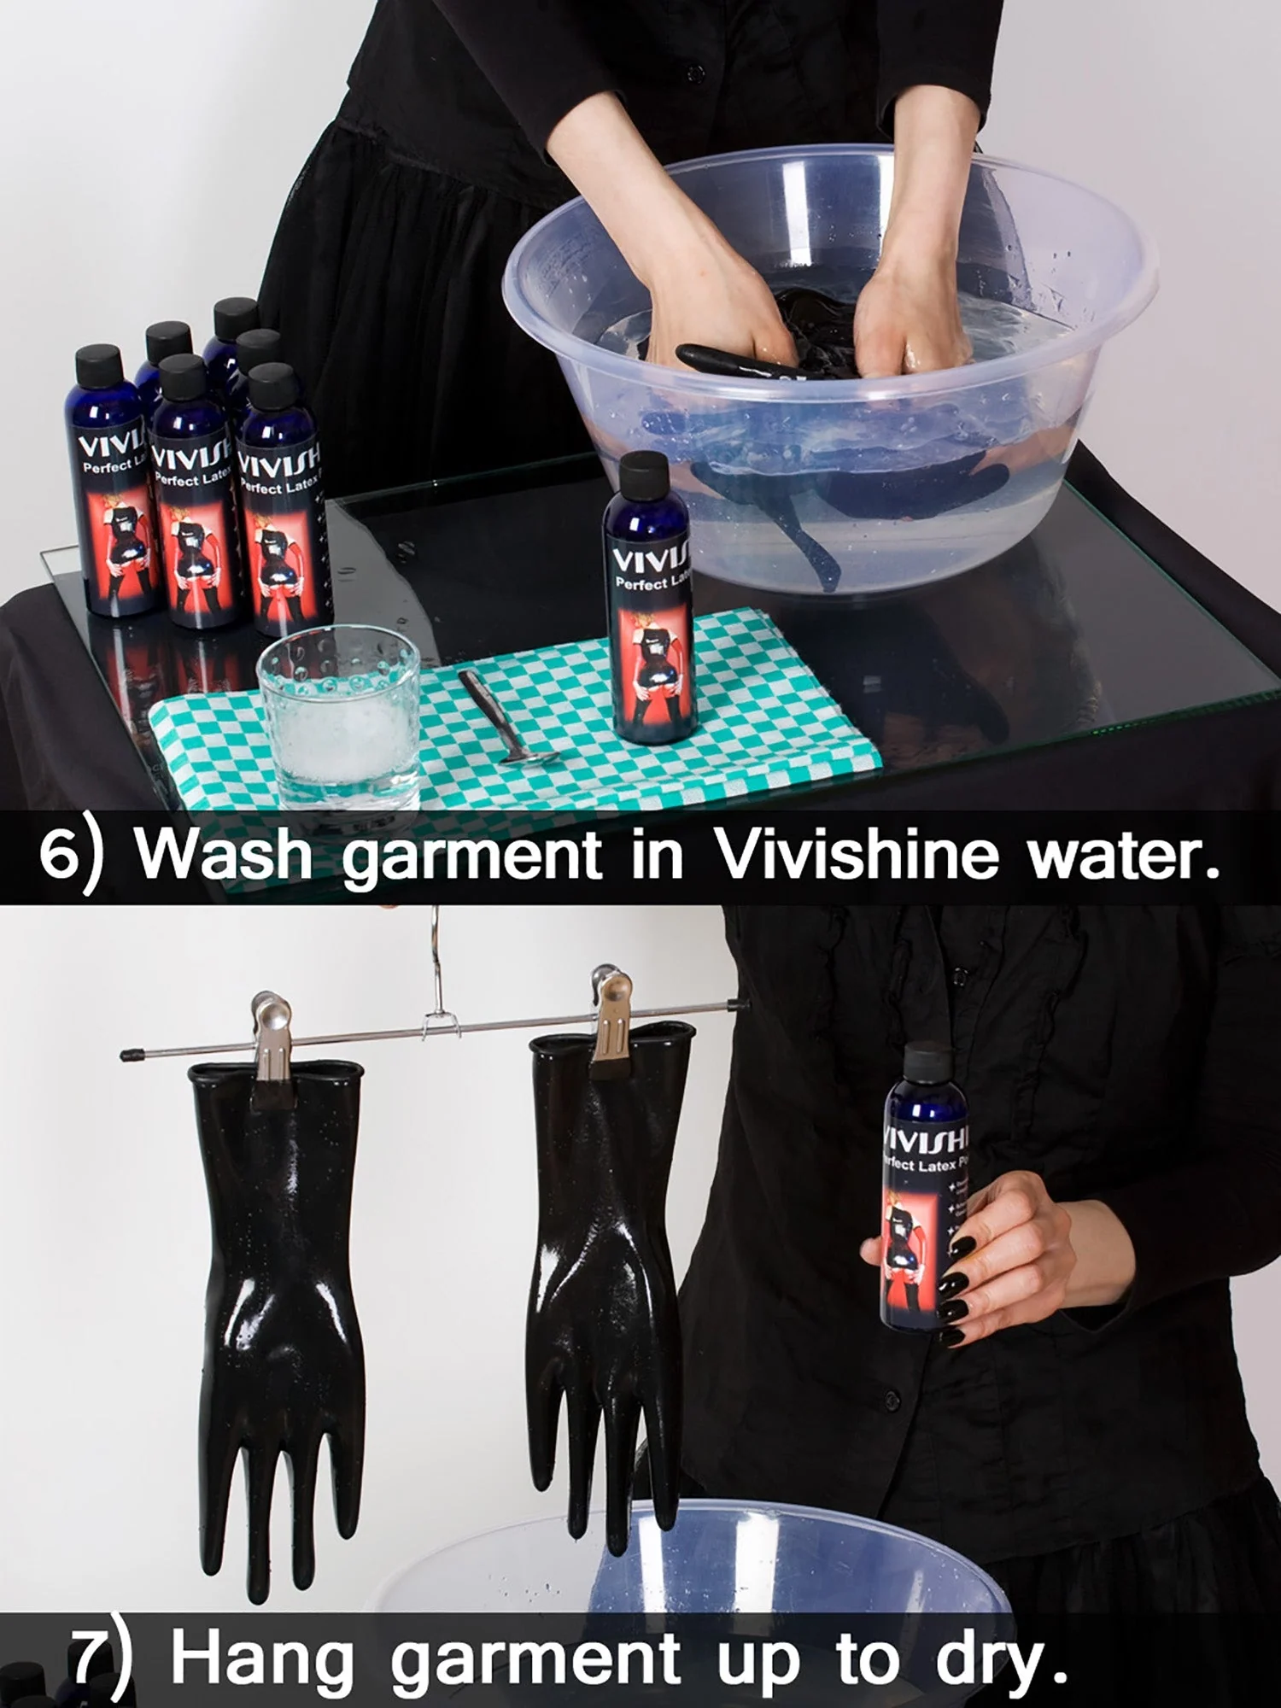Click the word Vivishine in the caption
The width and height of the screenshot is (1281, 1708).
pos(856,855)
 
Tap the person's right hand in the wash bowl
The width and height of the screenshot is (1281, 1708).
pos(709,316)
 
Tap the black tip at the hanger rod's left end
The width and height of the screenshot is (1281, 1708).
pos(131,1056)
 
